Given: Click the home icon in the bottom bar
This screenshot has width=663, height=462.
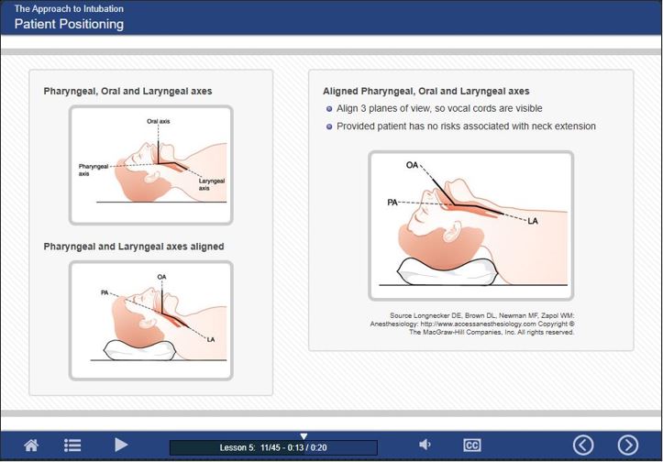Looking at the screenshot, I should [31, 445].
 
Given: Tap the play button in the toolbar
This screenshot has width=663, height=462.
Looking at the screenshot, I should [121, 445].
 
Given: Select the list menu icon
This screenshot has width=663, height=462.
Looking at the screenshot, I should [72, 445].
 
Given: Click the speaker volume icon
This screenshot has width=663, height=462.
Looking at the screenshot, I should [425, 445].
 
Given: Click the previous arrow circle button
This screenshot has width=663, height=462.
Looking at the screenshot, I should [583, 445].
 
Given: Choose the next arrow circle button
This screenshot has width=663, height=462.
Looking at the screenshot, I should [628, 445].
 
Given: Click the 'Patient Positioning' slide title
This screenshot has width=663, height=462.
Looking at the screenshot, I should [69, 24].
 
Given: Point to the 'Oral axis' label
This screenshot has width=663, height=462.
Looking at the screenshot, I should [158, 121].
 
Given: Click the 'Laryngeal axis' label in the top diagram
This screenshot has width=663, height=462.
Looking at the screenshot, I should [211, 184].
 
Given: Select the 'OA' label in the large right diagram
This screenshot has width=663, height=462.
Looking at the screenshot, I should [413, 165].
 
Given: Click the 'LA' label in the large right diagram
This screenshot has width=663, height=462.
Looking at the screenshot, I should [533, 221].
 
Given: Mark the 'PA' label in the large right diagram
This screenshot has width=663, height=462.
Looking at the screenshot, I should [392, 201].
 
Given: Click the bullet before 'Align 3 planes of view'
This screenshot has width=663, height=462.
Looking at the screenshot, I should [329, 109].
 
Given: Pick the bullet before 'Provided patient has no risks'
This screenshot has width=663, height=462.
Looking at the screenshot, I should [329, 126].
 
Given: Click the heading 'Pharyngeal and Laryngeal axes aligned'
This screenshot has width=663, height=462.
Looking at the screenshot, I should [134, 247].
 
